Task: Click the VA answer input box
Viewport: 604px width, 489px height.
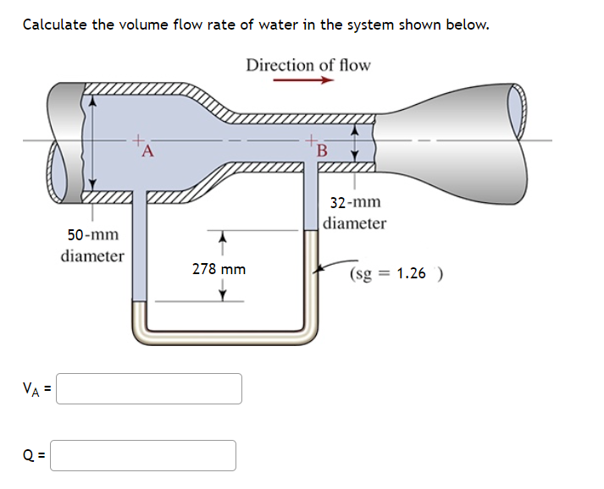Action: pyautogui.click(x=150, y=389)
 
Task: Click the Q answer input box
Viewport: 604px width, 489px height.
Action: pyautogui.click(x=147, y=455)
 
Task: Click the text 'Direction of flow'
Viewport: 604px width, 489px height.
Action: pyautogui.click(x=308, y=65)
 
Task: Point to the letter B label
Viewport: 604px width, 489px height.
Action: pyautogui.click(x=321, y=152)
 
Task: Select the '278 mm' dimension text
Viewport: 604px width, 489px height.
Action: pyautogui.click(x=219, y=269)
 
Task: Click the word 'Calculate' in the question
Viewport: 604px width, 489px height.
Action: pyautogui.click(x=55, y=24)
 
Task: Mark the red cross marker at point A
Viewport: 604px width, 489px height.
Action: pyautogui.click(x=139, y=141)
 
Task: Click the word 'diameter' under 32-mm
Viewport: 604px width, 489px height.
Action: pyautogui.click(x=354, y=223)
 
